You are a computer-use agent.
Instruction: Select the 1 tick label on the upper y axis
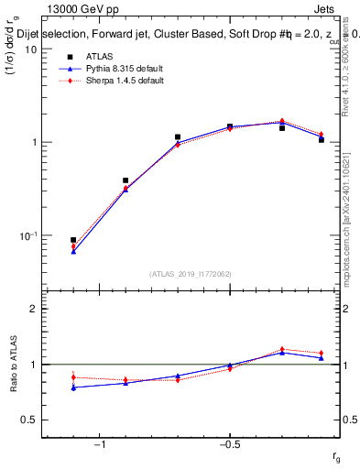coord(34,143)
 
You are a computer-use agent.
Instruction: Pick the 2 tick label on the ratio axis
coord(34,309)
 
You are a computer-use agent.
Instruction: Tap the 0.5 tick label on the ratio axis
coord(29,420)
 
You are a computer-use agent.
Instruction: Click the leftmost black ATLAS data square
coord(73,240)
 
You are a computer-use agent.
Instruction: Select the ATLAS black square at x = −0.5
coord(230,126)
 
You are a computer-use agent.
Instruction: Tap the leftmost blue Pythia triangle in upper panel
coord(73,250)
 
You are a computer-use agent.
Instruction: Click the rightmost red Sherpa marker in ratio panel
coord(322,353)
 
